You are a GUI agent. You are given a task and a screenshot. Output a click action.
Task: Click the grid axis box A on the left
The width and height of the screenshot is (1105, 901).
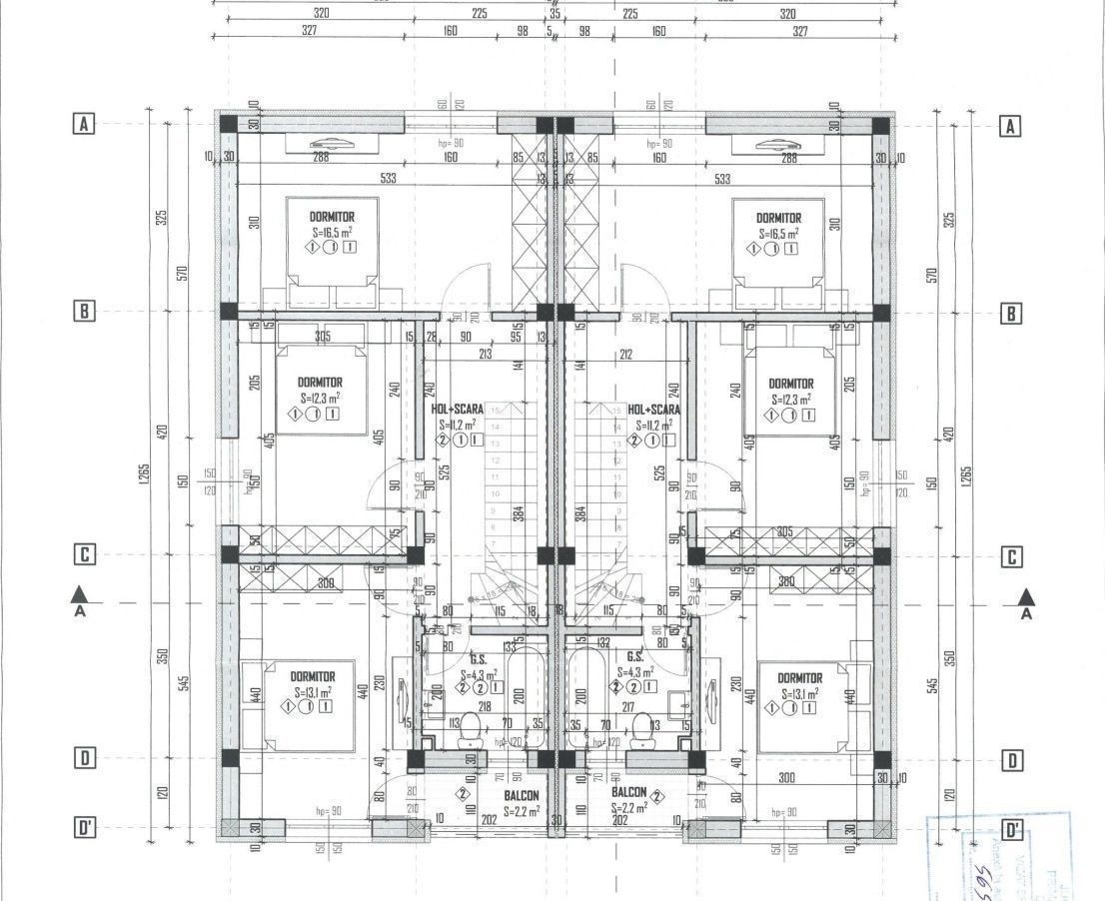(x=84, y=125)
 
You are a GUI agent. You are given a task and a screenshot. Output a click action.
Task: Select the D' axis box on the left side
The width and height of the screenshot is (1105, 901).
(x=85, y=830)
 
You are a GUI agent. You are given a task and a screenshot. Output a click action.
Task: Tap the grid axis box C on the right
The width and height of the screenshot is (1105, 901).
(x=1012, y=557)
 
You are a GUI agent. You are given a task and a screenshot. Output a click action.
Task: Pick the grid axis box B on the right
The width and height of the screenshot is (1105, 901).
(x=1011, y=313)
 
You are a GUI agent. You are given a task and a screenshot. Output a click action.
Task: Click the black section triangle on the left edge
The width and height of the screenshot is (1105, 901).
(x=80, y=595)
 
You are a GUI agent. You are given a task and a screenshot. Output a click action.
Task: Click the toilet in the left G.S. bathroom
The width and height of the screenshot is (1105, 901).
(x=469, y=736)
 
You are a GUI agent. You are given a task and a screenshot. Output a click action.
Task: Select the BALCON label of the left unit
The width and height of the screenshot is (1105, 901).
(x=521, y=796)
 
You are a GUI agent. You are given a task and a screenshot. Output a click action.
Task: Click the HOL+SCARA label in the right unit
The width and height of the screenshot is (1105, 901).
(x=654, y=410)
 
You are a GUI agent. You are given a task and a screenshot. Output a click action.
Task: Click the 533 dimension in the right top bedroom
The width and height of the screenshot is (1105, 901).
(x=721, y=180)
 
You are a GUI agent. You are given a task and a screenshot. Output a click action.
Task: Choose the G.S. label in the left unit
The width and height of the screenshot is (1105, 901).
(x=478, y=658)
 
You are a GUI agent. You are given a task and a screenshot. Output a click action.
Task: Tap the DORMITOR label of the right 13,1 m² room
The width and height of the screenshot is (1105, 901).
(x=799, y=678)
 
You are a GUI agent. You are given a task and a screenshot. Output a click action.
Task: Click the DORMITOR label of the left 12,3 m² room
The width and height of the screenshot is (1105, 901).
(x=320, y=383)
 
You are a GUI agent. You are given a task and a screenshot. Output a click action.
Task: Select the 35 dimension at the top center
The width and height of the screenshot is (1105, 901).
(x=554, y=14)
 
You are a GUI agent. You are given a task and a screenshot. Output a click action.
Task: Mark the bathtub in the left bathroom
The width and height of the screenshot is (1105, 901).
(x=525, y=696)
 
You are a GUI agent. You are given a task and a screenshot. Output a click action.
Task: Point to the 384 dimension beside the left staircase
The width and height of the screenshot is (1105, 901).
(x=519, y=514)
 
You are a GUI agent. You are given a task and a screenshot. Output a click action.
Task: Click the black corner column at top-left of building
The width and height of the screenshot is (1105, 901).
(x=229, y=125)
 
